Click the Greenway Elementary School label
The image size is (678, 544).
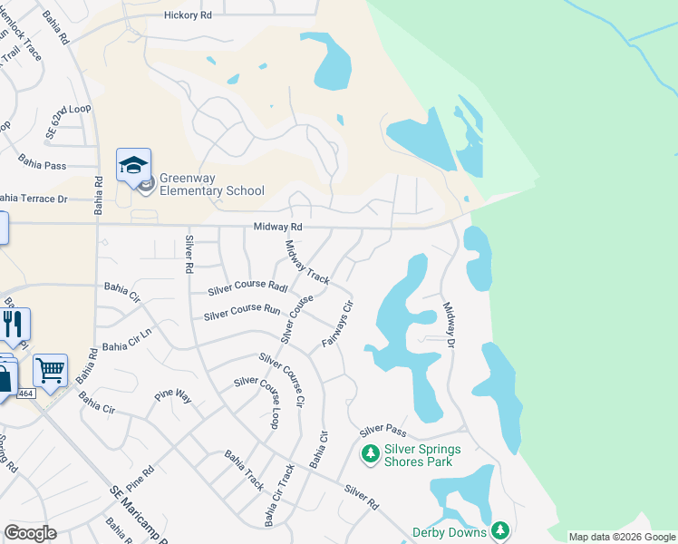coord(212,184)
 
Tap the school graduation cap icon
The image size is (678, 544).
coord(133,166)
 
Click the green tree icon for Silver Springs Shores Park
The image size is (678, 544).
coord(370,453)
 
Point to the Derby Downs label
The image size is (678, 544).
coord(450,532)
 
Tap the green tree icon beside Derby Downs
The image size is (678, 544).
coord(500,531)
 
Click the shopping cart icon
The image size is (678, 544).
coord(50,369)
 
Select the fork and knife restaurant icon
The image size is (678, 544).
coord(14,324)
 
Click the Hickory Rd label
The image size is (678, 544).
coord(188,15)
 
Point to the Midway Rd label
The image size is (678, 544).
coord(277,226)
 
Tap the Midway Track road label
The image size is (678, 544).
coord(307,262)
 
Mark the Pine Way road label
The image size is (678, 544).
coord(171,396)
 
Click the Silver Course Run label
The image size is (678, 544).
coord(242,312)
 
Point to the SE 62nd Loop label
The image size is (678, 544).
coord(68,121)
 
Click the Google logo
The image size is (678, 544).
coord(30,533)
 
